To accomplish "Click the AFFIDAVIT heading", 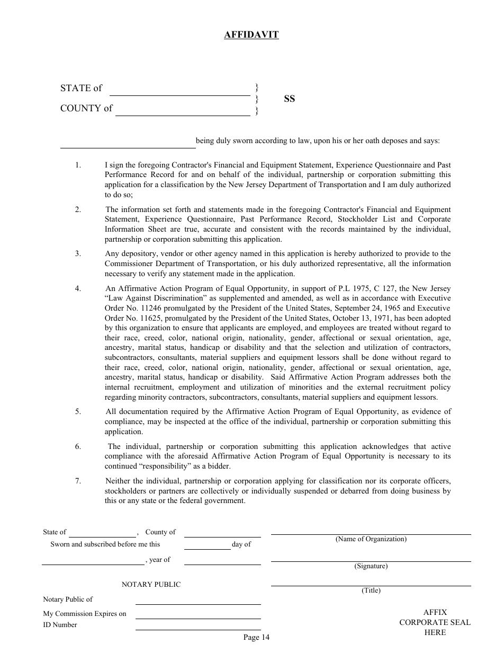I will [251, 35].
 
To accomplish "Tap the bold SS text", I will [289, 99].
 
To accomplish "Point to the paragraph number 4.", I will [78, 288].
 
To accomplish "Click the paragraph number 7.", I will [78, 481].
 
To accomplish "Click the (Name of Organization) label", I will [371, 539].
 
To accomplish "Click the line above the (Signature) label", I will [371, 561].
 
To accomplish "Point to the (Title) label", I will [371, 591].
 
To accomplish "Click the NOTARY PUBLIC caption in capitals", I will [151, 584].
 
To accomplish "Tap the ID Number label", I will [60, 625].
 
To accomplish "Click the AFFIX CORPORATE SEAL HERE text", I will [435, 622].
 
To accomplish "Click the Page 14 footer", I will [256, 637].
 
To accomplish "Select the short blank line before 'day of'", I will [207, 549].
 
